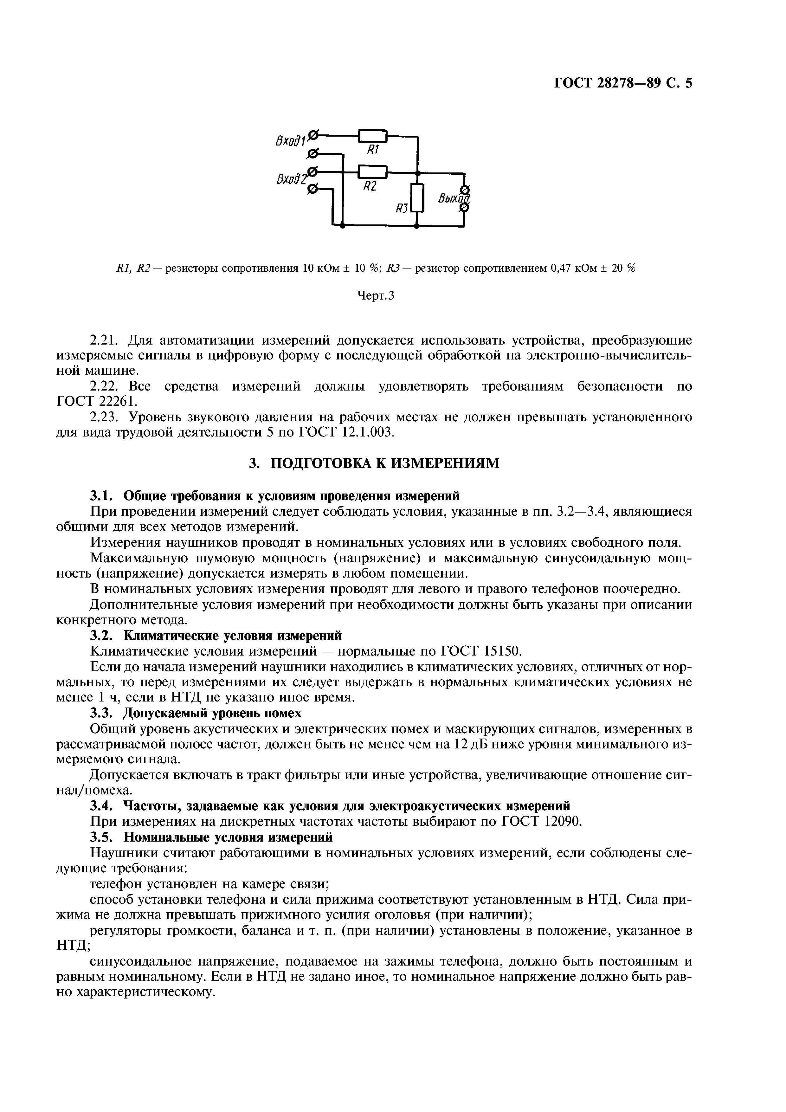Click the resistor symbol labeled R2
click(372, 172)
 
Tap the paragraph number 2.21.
click(106, 340)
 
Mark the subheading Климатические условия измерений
click(233, 635)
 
